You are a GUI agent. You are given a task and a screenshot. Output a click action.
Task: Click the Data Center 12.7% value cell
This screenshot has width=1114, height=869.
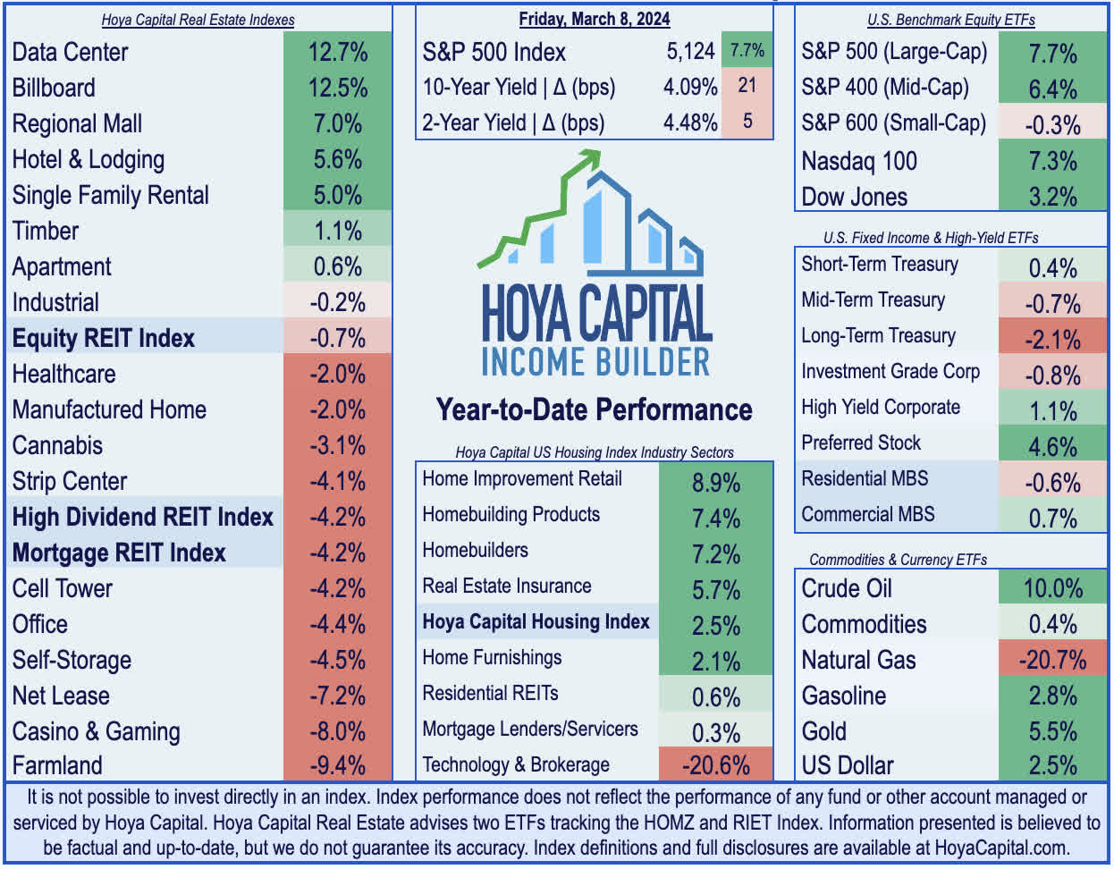pos(338,52)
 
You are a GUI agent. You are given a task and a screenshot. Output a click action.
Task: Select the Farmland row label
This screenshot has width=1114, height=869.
pos(57,766)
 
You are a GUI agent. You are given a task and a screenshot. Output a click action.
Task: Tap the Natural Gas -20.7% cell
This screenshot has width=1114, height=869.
pos(1052,661)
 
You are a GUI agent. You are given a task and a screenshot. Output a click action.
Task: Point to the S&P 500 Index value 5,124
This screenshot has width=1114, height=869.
pos(690,52)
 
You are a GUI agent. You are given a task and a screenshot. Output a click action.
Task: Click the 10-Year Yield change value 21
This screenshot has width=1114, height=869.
pos(747,86)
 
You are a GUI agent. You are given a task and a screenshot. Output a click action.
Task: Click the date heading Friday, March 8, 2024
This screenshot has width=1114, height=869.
pos(595,19)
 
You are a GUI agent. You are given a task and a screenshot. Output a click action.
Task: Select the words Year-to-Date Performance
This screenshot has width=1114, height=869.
pos(595,409)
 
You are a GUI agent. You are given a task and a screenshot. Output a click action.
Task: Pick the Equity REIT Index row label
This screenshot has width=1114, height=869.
pos(104,339)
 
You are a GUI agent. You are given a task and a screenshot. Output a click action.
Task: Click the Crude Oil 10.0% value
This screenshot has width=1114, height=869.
pos(1052,589)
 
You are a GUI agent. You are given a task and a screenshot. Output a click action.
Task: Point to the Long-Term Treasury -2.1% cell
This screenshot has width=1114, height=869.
pos(1052,340)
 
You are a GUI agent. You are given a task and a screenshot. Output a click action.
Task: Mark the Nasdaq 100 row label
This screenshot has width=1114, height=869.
pos(859,161)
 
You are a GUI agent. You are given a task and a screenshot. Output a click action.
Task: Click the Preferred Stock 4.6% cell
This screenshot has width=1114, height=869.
pos(1052,447)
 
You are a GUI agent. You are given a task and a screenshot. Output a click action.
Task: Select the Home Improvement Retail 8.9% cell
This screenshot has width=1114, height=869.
pos(715,483)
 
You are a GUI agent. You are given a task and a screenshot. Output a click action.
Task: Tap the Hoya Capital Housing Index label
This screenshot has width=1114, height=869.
pos(536,622)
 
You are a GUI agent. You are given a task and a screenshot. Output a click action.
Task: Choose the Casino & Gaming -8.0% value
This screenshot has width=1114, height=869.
pos(338,732)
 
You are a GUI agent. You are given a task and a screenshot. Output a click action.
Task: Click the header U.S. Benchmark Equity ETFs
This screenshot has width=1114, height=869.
pos(951,20)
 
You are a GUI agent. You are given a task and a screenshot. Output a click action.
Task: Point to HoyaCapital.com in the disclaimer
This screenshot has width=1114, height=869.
pos(1000,848)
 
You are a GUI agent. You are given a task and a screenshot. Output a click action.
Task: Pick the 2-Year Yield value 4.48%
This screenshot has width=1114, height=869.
pos(690,123)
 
